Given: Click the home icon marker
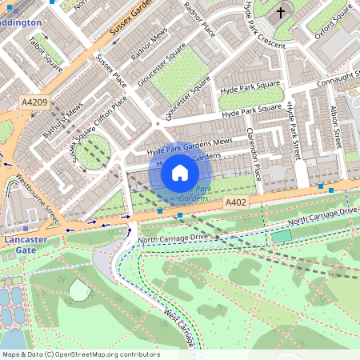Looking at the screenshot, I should click(180, 173).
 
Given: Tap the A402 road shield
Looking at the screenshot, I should click(236, 204).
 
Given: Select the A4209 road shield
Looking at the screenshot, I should click(34, 102).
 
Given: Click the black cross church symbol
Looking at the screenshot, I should click(281, 13).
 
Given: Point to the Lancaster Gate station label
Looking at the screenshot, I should click(26, 245).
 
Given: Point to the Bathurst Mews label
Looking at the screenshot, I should click(63, 121).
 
